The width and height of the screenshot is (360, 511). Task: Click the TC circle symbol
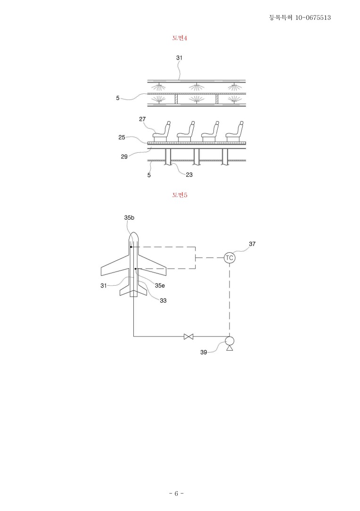[x=229, y=258]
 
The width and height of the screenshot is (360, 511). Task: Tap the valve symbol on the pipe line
[x=188, y=336]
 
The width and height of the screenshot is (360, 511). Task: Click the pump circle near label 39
[x=229, y=340]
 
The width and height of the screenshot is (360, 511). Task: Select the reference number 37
[x=252, y=244]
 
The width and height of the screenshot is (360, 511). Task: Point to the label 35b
[x=129, y=218]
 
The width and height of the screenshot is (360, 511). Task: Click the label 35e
[x=160, y=286]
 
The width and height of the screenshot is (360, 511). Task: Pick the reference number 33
[x=163, y=300]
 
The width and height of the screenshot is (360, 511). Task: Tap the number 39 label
[x=204, y=352]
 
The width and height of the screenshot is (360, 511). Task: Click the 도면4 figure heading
[x=180, y=38]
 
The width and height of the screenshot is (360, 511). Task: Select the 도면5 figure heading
[x=180, y=195]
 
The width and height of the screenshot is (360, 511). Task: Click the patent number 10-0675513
[x=313, y=17]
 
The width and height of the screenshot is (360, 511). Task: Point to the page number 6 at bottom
[x=176, y=494]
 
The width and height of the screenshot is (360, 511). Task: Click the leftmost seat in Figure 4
[x=162, y=132]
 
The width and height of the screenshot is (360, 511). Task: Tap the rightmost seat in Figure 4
[x=235, y=132]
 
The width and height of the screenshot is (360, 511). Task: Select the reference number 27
[x=142, y=119]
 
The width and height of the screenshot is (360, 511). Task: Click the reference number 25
[x=122, y=137]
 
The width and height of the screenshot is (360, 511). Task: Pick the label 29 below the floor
[x=124, y=157]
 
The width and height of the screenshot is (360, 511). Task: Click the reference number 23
[x=189, y=175]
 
